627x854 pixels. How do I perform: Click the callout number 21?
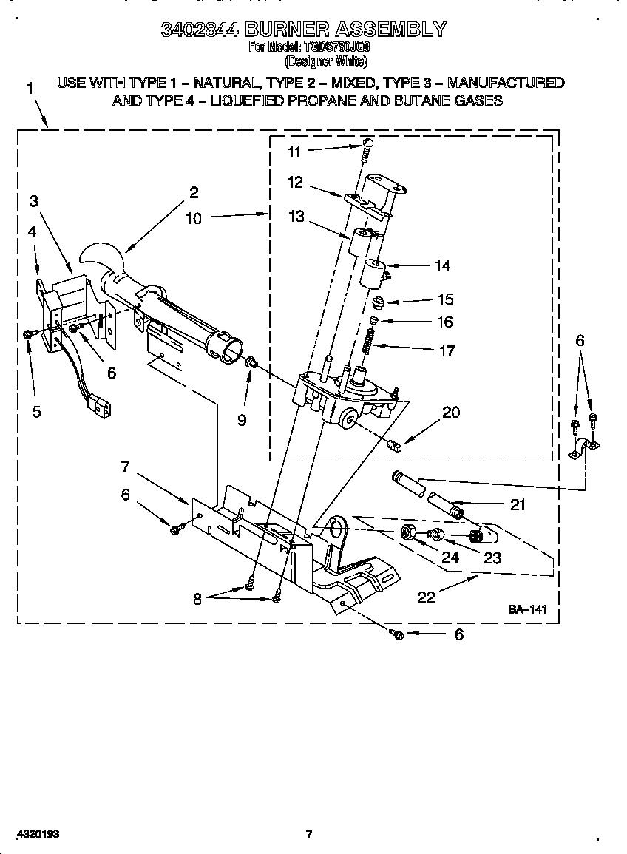click(x=518, y=505)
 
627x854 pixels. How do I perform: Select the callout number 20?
click(x=450, y=413)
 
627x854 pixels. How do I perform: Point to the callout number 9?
click(x=242, y=421)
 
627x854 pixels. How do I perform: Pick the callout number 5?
click(x=36, y=413)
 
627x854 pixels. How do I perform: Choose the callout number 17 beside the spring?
click(x=447, y=351)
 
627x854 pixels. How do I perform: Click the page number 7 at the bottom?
click(x=309, y=835)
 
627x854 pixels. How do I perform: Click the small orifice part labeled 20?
click(x=395, y=445)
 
